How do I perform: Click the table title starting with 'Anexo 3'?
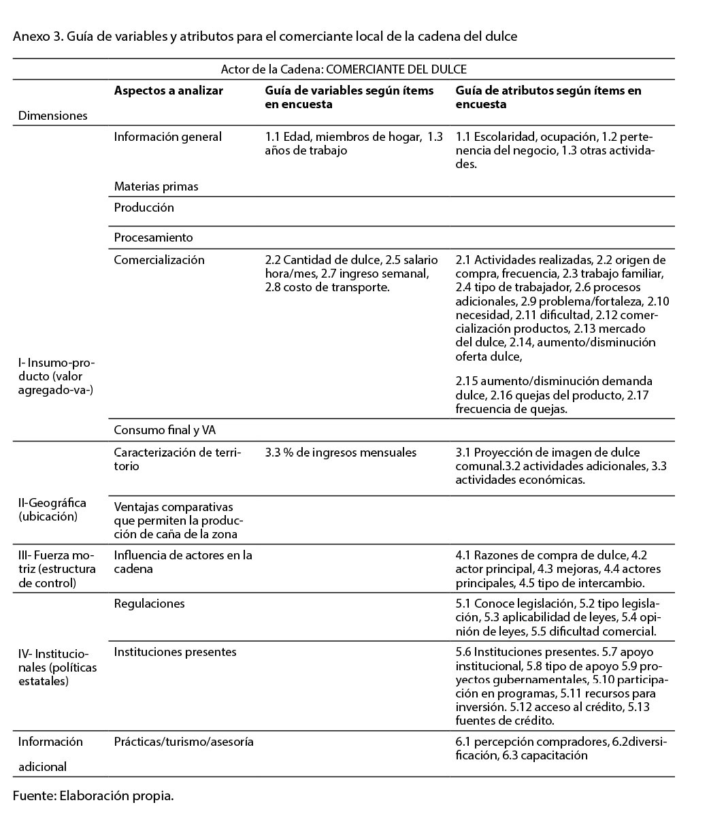coord(265,37)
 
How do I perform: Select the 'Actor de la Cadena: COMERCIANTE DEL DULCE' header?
coord(344,69)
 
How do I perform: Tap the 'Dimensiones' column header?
coord(53,116)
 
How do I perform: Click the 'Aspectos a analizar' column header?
coord(168,91)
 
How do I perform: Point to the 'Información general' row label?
coord(167,137)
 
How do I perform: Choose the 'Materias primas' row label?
coord(156,186)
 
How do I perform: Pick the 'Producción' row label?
coord(144,208)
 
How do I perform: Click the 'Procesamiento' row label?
coord(153,237)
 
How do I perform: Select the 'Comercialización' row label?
coord(159,260)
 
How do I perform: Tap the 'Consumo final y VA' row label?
coord(165,430)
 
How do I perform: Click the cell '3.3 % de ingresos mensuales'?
coord(341,453)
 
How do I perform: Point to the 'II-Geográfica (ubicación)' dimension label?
coord(52,510)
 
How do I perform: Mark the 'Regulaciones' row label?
coord(149,604)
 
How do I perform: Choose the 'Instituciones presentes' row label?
coord(175,652)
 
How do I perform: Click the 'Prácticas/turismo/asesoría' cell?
coord(184,742)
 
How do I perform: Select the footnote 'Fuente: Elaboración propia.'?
coord(93,795)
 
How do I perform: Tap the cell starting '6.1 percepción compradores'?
coord(561,748)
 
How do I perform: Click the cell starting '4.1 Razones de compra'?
coord(558,569)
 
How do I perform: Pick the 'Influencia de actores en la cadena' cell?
coord(182,562)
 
